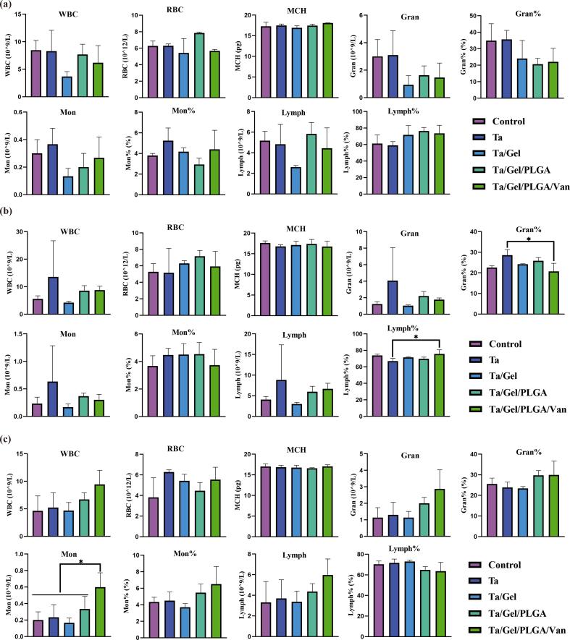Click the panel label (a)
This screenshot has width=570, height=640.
click(x=8, y=7)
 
